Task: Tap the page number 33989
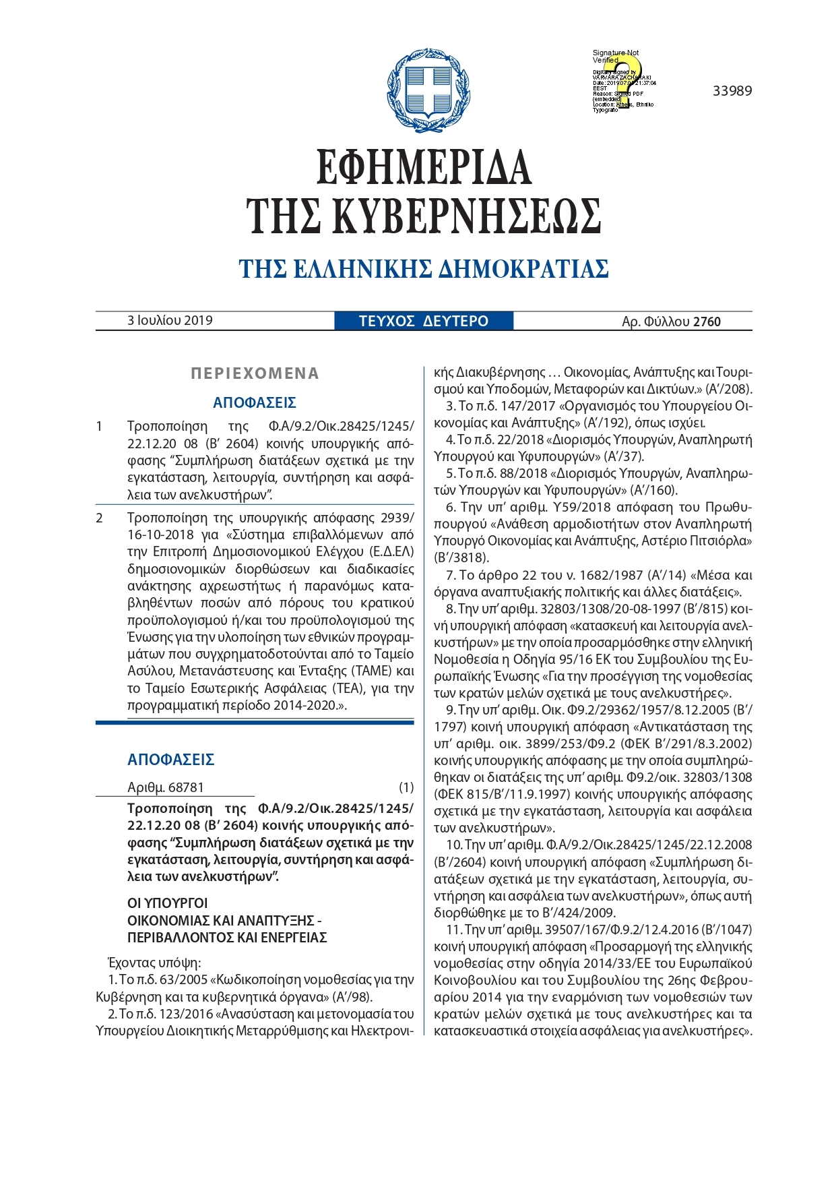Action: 732,91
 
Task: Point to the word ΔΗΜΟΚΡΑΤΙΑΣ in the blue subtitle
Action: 523,269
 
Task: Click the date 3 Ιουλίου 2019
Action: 170,320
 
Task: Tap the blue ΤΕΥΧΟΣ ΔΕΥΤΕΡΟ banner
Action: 424,321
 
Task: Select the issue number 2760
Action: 707,322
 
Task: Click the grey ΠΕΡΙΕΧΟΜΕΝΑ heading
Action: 255,373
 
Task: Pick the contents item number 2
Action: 100,518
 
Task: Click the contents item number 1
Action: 100,426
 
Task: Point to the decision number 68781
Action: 185,787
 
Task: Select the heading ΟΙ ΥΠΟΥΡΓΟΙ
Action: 168,903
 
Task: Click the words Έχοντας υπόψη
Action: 154,962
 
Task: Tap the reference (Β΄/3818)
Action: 461,557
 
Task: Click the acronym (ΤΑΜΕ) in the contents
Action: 373,671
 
